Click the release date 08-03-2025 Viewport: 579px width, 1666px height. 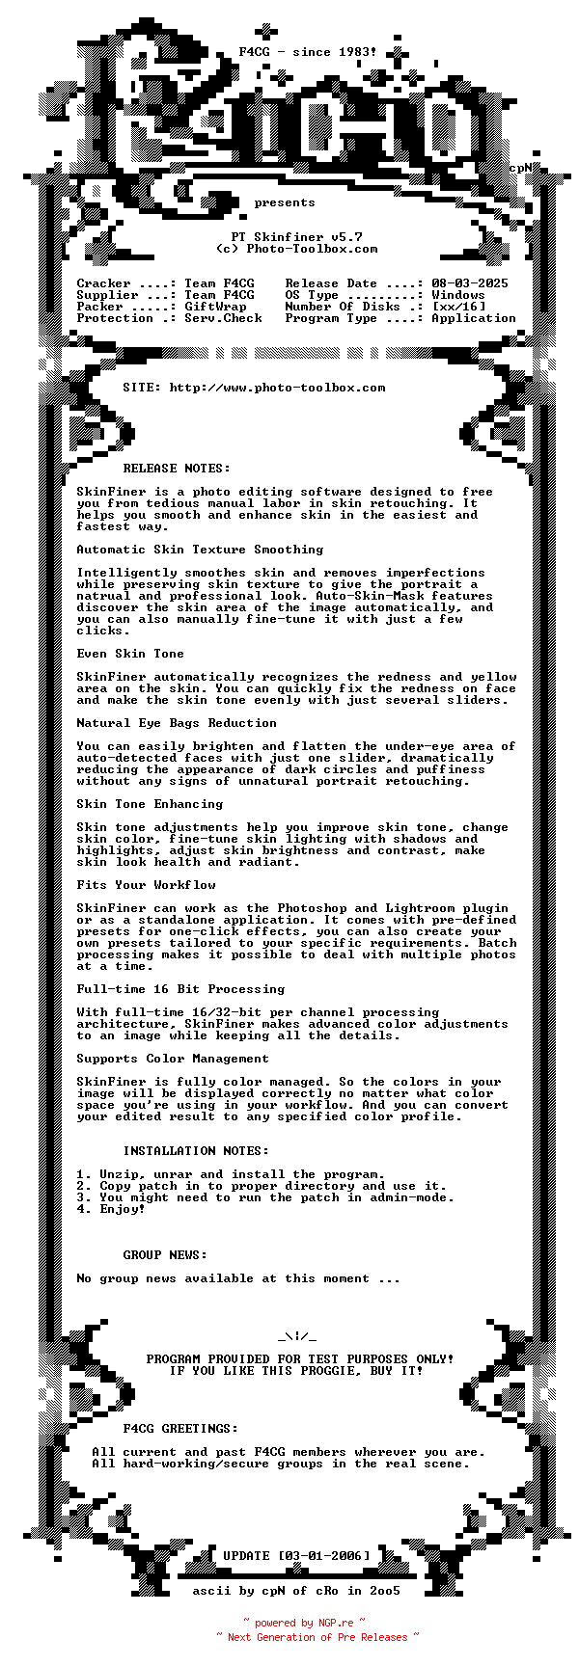point(470,283)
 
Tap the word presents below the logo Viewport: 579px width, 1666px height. point(285,202)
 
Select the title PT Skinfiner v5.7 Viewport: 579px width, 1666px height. point(296,237)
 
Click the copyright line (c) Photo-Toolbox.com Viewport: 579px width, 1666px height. point(296,249)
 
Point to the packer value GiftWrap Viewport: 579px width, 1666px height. point(215,307)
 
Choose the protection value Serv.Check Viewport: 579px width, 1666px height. point(223,318)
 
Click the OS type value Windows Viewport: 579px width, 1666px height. point(458,295)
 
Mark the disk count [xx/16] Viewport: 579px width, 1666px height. point(458,307)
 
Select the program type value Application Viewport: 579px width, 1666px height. point(474,318)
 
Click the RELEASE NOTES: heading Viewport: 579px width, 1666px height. point(177,469)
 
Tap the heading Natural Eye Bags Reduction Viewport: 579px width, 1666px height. point(177,723)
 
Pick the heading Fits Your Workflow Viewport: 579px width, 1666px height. point(147,885)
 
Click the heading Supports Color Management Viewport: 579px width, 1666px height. point(173,1059)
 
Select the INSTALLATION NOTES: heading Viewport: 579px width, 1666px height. point(196,1151)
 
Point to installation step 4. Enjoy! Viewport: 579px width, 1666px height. point(111,1209)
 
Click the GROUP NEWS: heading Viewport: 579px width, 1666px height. point(165,1255)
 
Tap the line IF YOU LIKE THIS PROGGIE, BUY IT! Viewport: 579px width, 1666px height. point(296,1371)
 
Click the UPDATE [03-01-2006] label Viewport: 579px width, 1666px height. point(296,1556)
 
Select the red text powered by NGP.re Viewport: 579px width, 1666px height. point(304,1623)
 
